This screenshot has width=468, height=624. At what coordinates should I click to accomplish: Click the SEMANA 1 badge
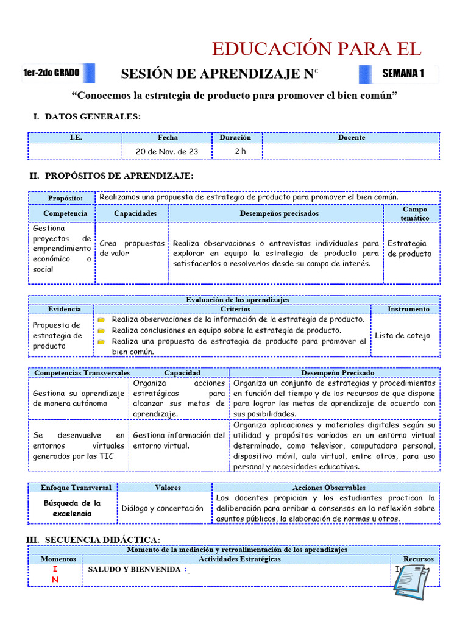coord(402,74)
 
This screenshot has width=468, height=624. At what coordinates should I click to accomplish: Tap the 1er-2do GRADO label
coord(51,73)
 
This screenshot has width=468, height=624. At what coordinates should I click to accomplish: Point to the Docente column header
coord(351,138)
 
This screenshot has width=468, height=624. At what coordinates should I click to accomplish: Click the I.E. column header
coord(76,138)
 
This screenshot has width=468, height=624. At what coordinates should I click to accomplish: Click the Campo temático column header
coord(414,213)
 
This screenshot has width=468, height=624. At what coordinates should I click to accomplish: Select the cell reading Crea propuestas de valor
coord(132,248)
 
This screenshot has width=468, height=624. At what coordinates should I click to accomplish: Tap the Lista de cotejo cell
coord(402,335)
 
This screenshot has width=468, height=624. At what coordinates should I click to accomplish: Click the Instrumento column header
coord(408,309)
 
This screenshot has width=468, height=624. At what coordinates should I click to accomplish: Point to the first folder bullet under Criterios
coord(102,319)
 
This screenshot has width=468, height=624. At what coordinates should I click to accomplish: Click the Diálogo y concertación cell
coord(162,508)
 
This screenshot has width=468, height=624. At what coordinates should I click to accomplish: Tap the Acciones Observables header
coord(329,487)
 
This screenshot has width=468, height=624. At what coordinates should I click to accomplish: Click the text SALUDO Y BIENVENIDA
coord(135,569)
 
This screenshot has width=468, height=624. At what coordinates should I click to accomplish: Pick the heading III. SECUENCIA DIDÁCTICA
coord(93,539)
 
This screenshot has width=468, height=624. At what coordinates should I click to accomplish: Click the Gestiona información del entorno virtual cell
coord(179,440)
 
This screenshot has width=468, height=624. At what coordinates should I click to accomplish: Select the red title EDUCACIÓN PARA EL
coord(316,49)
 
